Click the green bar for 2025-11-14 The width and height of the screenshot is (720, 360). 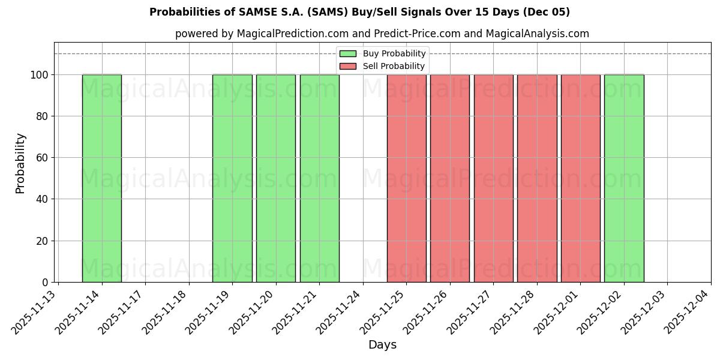(x=102, y=178)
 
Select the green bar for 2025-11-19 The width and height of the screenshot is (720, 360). (x=232, y=178)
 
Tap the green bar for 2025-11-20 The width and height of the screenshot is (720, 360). (x=276, y=178)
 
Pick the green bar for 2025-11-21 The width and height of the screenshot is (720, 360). (x=319, y=178)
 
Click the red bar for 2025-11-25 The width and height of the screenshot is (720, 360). (x=406, y=178)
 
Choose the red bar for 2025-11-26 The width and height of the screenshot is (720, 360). (x=450, y=178)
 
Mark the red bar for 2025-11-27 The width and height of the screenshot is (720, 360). (x=493, y=178)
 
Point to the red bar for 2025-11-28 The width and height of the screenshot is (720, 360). (x=537, y=178)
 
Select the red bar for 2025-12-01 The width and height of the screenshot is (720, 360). (x=580, y=178)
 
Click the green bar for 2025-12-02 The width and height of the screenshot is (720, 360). (x=624, y=178)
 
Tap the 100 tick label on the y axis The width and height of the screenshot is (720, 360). (x=39, y=75)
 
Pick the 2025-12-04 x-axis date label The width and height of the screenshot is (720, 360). (x=688, y=311)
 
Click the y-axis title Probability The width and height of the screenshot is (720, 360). (x=20, y=163)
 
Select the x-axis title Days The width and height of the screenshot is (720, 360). (x=382, y=345)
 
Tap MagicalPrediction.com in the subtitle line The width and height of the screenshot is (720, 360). (x=286, y=34)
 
